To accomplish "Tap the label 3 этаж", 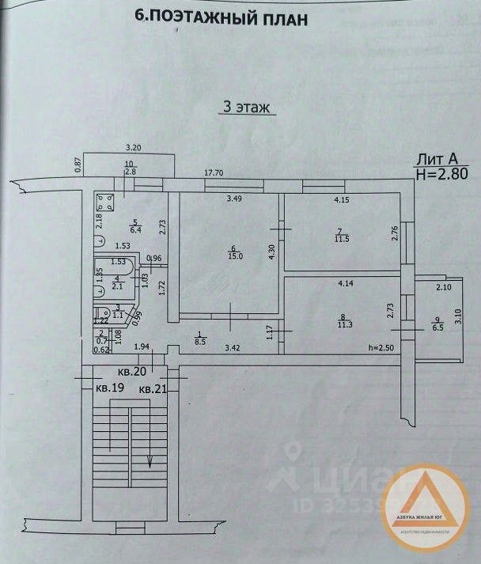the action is coord(246,108).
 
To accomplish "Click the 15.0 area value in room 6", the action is coord(231,255).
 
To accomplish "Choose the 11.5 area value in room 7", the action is coord(341,238).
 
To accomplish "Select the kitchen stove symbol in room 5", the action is coord(104,202).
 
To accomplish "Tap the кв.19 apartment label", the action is coord(110,388).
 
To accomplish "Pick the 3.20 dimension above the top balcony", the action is coord(134,148).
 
